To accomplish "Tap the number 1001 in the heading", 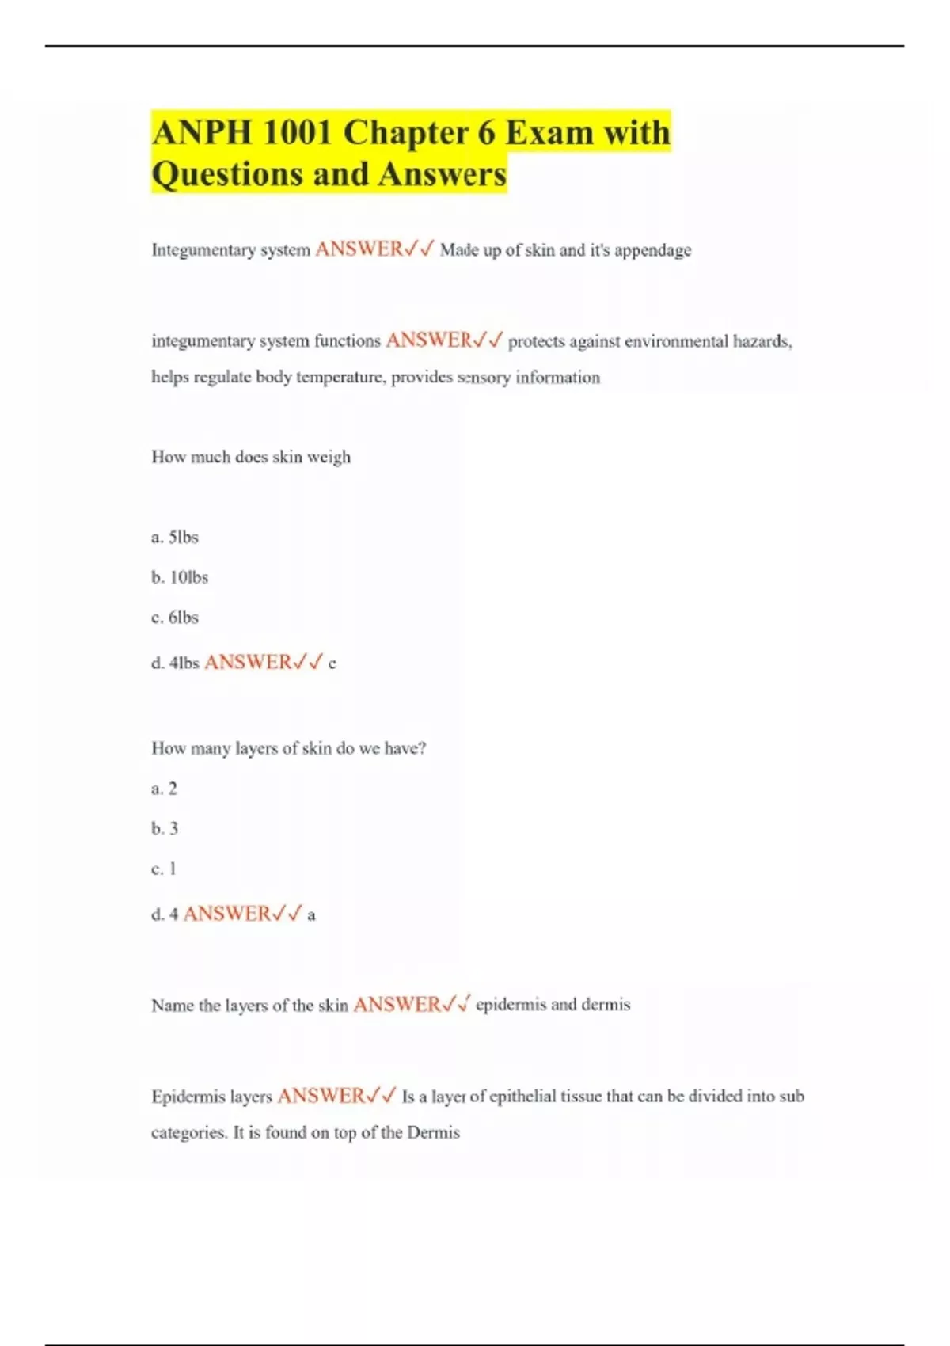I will coord(296,132).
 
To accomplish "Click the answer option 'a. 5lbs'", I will coord(175,537).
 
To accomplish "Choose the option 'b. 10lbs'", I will coord(180,577).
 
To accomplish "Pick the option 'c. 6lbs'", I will coord(175,618).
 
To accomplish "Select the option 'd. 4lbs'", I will coord(175,663).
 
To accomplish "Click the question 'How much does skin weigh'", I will coord(251,457).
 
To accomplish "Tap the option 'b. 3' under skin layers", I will coord(165,828).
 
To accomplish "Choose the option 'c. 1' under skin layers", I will coord(164,869).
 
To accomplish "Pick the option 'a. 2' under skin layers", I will coord(165,789).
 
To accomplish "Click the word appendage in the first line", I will coord(652,250).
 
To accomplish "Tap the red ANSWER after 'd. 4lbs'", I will coord(248,662).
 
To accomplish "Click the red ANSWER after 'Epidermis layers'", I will coord(321,1096).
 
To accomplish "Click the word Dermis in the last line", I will coord(433,1132).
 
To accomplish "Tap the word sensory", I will coord(484,378).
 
